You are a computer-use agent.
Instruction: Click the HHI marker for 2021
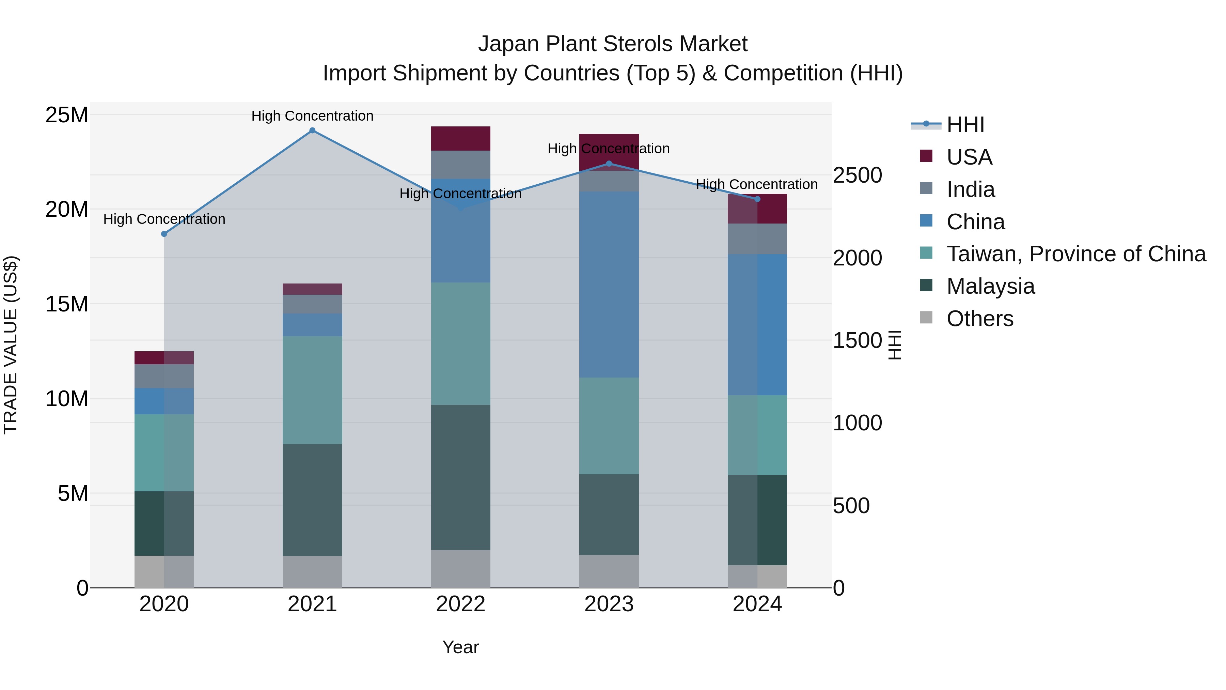pos(312,131)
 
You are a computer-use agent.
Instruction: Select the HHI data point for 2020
pos(164,234)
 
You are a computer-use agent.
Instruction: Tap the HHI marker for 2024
pos(757,199)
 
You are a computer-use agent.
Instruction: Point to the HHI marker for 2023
pos(609,164)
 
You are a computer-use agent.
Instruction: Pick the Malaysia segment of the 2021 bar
pos(312,500)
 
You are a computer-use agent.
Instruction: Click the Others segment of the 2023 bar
pos(609,571)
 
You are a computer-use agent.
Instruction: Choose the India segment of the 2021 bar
pos(312,304)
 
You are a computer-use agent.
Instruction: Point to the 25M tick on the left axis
pos(67,115)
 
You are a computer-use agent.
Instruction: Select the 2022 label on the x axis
pos(460,604)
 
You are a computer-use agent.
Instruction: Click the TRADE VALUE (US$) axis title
pos(11,345)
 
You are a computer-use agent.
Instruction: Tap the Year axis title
pos(460,647)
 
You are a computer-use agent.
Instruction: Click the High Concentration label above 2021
pos(312,116)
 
